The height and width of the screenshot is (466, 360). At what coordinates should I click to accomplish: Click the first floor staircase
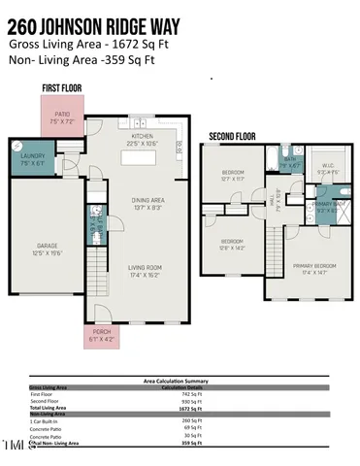pos(101,264)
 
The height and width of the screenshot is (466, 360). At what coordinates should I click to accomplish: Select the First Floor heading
pos(62,88)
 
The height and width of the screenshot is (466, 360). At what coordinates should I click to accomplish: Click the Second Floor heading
pos(233,137)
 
